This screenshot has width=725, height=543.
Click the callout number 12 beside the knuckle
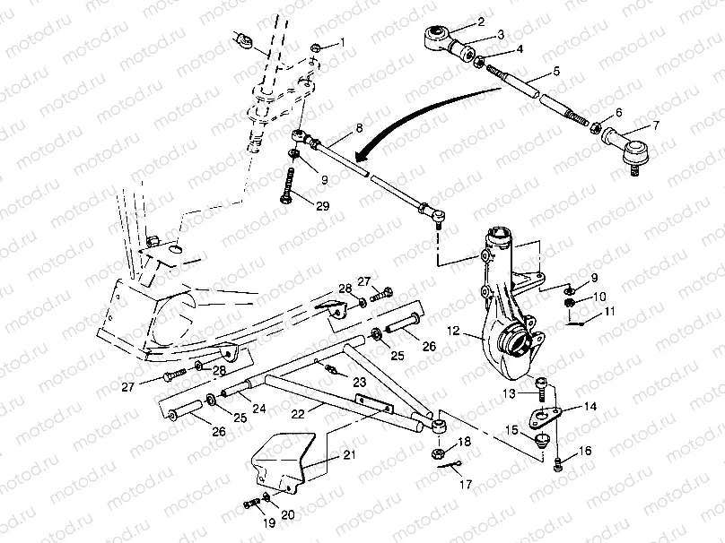click(x=454, y=331)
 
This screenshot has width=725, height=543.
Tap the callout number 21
click(x=350, y=455)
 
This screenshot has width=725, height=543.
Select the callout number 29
click(x=323, y=206)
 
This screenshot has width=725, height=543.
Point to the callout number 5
click(x=556, y=71)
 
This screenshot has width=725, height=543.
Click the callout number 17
click(x=466, y=484)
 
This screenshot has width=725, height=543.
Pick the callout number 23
click(x=360, y=382)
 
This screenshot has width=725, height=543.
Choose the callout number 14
click(x=590, y=406)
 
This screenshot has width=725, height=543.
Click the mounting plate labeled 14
click(x=545, y=417)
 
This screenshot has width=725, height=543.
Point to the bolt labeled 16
click(x=558, y=464)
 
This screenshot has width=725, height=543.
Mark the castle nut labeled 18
click(x=437, y=453)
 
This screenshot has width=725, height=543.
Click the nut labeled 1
click(x=316, y=47)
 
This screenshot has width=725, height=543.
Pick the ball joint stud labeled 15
click(x=540, y=440)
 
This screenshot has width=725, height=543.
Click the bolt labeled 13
click(x=541, y=390)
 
